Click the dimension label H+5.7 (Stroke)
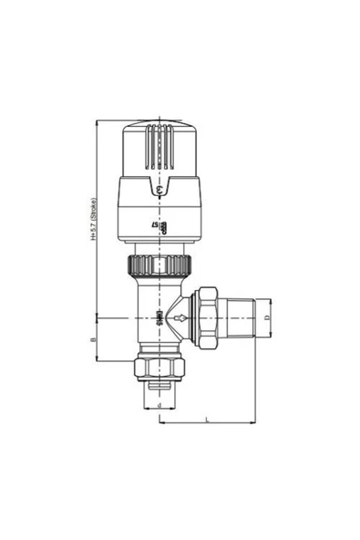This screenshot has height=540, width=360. click(94, 219)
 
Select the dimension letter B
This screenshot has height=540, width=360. click(94, 339)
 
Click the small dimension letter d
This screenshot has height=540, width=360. click(160, 404)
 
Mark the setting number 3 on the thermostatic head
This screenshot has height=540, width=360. click(159, 189)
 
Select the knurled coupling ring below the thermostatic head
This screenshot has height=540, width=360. click(160, 266)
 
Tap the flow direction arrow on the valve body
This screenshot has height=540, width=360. click(183, 319)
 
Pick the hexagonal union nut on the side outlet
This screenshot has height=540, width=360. click(209, 318)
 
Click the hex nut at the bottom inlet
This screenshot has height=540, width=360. click(160, 368)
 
